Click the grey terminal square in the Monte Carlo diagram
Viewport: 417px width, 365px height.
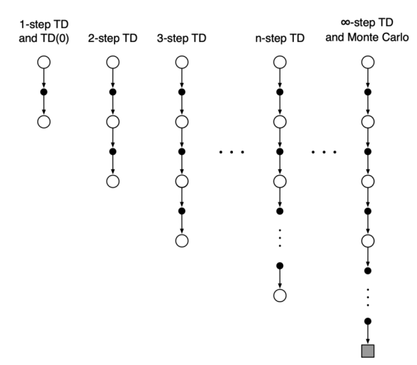tap(367, 351)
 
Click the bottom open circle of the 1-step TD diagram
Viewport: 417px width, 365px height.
tap(44, 122)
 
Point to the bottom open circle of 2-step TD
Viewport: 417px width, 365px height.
tap(112, 181)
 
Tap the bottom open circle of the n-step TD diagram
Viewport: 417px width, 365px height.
tap(280, 295)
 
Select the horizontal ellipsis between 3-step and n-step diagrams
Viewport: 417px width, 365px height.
tap(232, 152)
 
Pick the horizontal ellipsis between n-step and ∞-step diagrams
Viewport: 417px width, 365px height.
tap(323, 152)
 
